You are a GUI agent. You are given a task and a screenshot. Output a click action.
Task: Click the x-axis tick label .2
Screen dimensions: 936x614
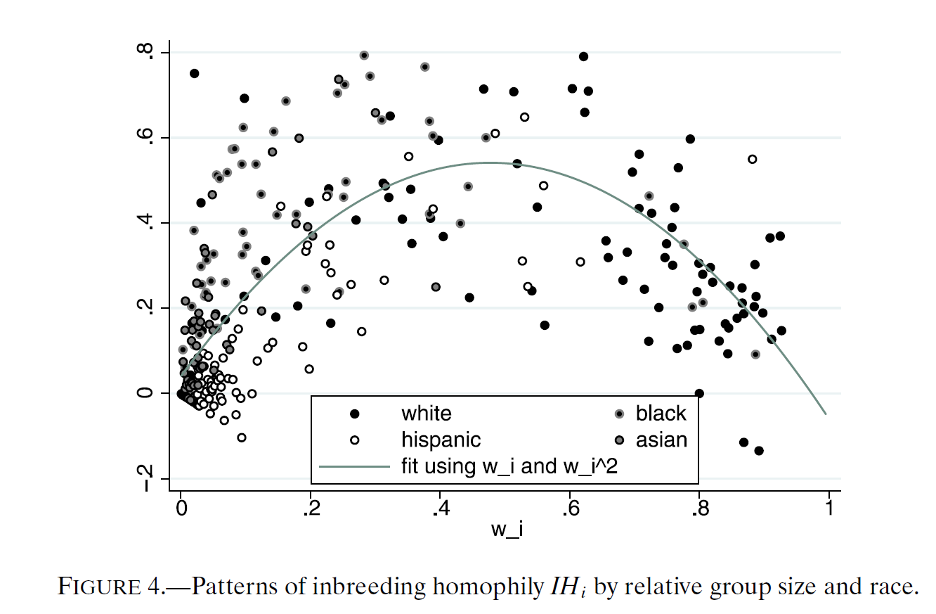(x=312, y=509)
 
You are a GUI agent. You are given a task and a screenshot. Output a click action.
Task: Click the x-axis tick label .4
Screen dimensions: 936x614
(x=441, y=509)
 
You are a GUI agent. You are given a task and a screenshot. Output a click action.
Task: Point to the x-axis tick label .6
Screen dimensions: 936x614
(x=571, y=509)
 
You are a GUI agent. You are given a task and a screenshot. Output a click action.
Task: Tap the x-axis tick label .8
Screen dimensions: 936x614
(x=701, y=509)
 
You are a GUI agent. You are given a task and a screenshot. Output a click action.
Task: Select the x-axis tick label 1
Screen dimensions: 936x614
(x=829, y=509)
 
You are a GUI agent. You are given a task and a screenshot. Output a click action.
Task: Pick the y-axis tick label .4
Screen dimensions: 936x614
(x=145, y=222)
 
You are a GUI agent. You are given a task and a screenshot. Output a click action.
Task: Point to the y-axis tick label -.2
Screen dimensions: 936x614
(x=145, y=478)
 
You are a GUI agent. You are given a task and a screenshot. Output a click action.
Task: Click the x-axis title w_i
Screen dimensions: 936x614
(x=507, y=530)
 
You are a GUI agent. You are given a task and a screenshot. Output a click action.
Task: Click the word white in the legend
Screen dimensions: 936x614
(x=427, y=414)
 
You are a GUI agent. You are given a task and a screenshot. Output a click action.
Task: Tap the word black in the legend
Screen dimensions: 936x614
(x=661, y=414)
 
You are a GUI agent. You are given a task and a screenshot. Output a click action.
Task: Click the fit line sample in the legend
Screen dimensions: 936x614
(x=354, y=466)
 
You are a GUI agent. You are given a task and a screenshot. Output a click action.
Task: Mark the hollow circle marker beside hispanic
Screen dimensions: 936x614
(x=354, y=440)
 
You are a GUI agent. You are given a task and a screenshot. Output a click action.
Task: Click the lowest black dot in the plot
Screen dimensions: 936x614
(x=759, y=451)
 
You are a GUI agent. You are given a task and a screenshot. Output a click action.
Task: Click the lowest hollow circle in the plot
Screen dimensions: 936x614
(x=242, y=438)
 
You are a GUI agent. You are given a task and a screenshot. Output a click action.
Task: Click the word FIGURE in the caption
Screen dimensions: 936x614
(x=99, y=586)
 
